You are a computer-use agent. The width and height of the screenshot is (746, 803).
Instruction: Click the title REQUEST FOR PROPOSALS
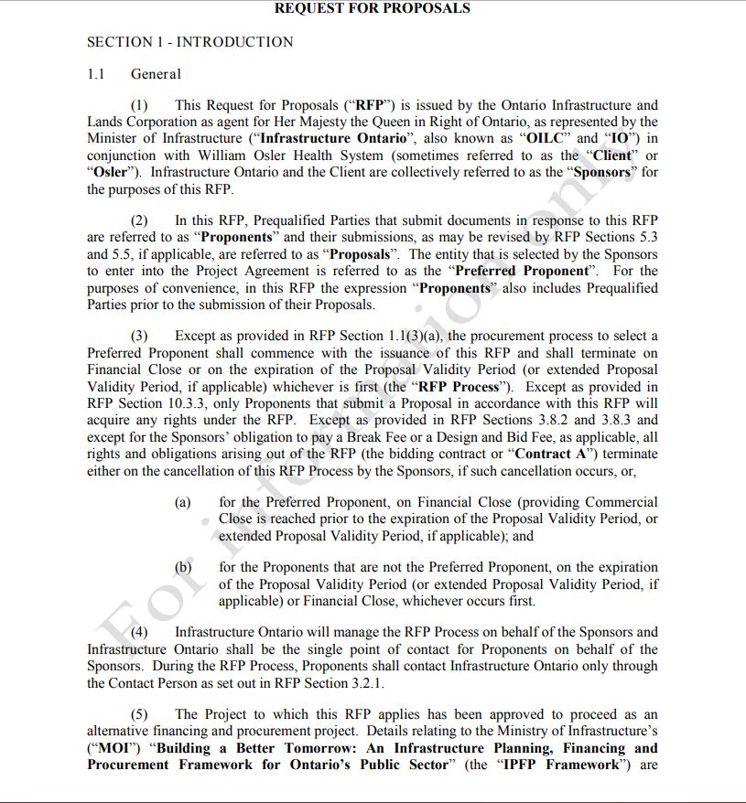tap(373, 8)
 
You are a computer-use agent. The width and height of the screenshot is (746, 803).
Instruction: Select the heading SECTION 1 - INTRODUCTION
tap(189, 42)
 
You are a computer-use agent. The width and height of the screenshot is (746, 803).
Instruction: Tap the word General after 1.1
tap(156, 74)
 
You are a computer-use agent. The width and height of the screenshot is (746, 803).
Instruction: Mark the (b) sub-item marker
tap(183, 567)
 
